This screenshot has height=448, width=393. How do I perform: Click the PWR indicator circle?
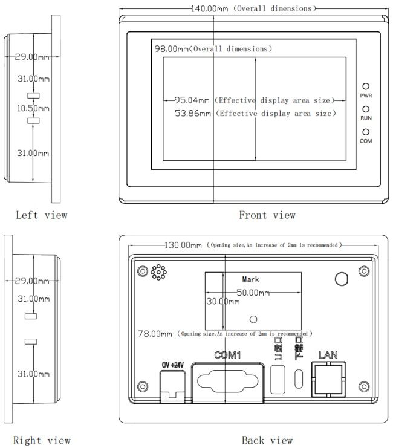click(366, 87)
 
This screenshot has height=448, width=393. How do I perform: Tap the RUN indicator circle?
click(366, 109)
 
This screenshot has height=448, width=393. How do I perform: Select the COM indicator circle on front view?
click(366, 132)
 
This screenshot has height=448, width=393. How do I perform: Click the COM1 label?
click(228, 355)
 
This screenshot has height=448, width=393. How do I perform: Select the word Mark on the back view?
click(250, 279)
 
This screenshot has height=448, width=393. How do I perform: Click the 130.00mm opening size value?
click(184, 245)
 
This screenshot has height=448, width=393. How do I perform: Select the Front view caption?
click(267, 215)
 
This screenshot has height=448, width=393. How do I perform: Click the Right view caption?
click(43, 440)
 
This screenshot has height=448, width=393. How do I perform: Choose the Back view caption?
click(267, 440)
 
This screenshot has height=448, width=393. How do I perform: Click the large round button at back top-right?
click(342, 278)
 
